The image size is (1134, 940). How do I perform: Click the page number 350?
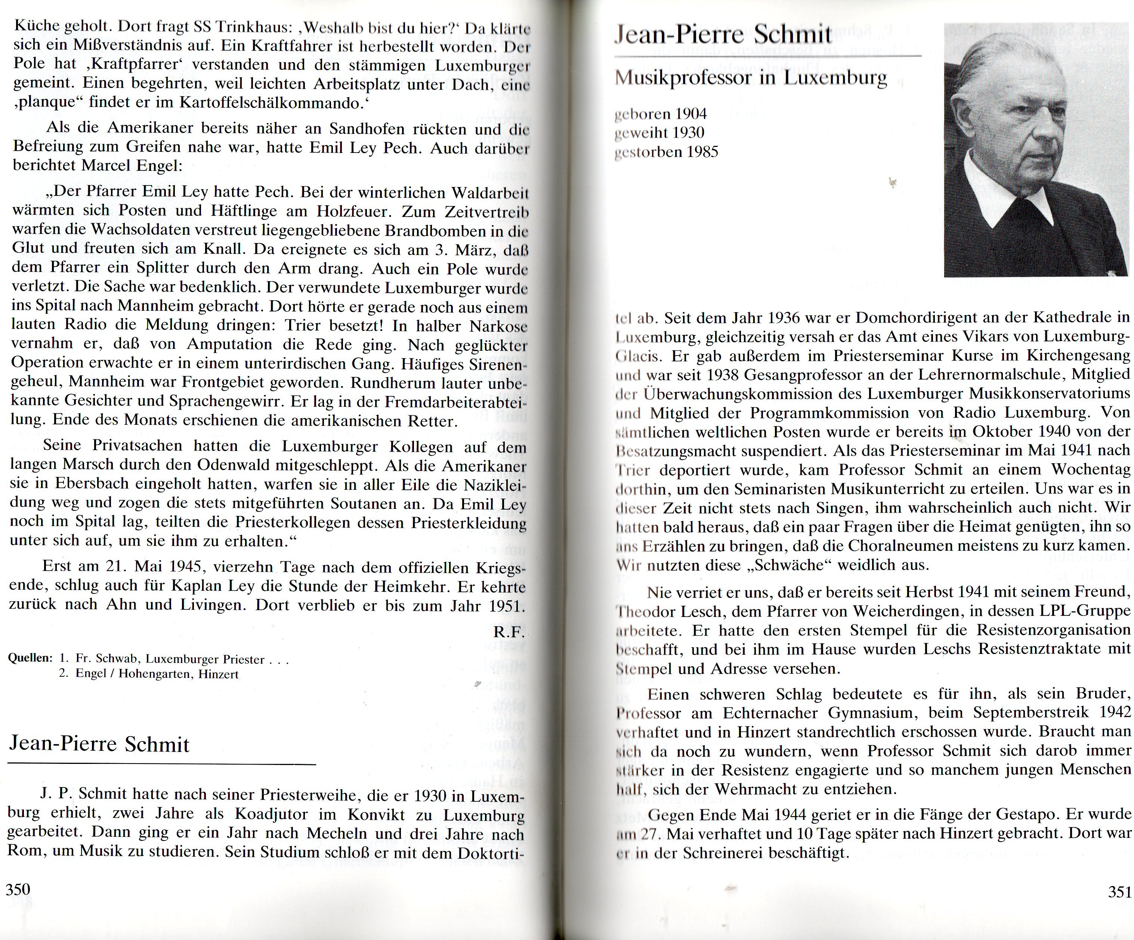tap(18, 889)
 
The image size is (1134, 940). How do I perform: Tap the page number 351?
tap(1119, 892)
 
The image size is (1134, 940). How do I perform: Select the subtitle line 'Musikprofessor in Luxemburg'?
tap(751, 79)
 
